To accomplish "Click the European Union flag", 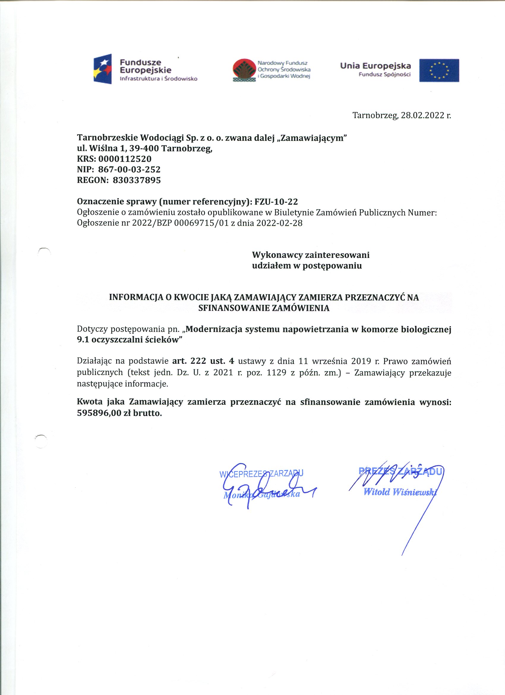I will pos(439,70).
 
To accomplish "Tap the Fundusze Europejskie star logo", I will pos(102,69).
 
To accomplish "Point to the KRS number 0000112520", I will pos(125,159).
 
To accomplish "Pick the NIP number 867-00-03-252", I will pos(129,169).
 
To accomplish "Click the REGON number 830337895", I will pos(137,180).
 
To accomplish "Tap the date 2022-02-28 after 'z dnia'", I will pos(279,223).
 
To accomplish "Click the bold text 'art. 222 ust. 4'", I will pos(203,361).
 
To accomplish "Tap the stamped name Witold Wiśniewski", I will pos(399,492).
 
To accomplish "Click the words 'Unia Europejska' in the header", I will pos(375,66).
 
